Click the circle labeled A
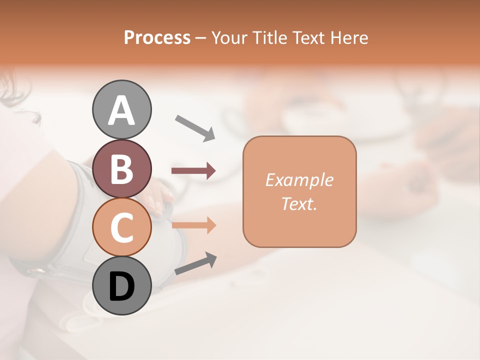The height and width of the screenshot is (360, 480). [x=122, y=110]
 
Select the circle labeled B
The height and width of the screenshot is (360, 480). [x=122, y=168]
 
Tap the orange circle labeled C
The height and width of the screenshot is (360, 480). [x=122, y=227]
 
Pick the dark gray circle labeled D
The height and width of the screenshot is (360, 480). [x=122, y=285]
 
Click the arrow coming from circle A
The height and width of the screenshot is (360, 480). [x=195, y=127]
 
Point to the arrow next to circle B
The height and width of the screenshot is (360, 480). [x=193, y=171]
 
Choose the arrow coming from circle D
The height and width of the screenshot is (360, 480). [x=195, y=263]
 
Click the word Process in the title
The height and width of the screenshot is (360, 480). [x=157, y=37]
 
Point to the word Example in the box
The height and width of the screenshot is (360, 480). [x=299, y=180]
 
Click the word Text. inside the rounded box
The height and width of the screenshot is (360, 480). [x=299, y=203]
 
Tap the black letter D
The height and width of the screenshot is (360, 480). [x=122, y=286]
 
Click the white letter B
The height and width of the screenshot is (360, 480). [x=122, y=169]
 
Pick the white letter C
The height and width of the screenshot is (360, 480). [x=122, y=227]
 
